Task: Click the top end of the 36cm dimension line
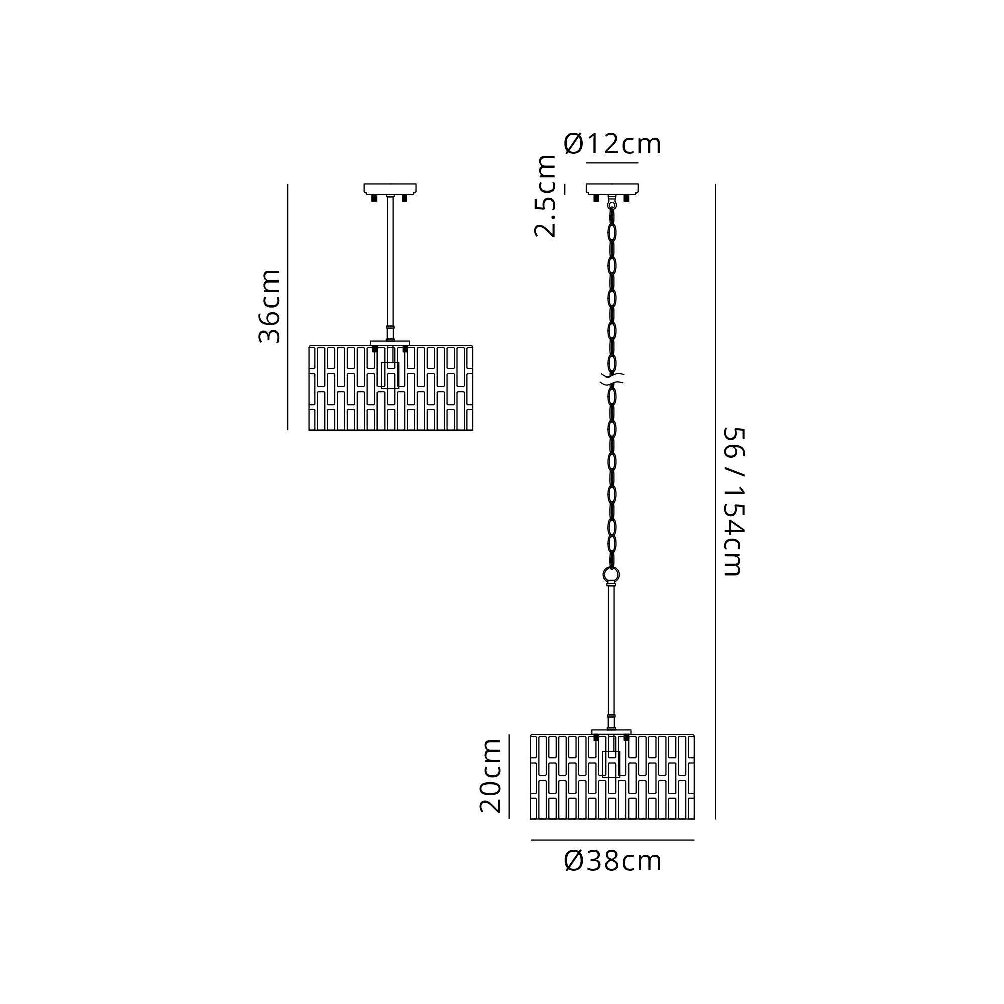coord(287,184)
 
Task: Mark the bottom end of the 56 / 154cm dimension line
coord(715,819)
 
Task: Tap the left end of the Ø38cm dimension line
coord(531,840)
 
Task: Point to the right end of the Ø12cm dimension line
coord(638,163)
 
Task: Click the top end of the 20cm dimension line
coord(509,734)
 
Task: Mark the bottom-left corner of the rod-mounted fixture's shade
coord(309,430)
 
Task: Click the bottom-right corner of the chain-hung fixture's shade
coord(694,819)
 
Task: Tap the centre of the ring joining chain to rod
coord(611,575)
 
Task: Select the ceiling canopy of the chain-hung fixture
coord(612,189)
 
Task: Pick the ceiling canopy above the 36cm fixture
coord(390,189)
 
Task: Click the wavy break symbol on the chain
coord(612,379)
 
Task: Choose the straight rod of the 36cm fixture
coord(390,268)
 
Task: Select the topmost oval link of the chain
coord(612,232)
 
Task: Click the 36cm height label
coord(270,307)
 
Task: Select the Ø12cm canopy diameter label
coord(612,144)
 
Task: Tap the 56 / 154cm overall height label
coord(734,502)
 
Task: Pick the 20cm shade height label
coord(490,776)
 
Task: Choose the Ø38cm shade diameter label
coord(612,861)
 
